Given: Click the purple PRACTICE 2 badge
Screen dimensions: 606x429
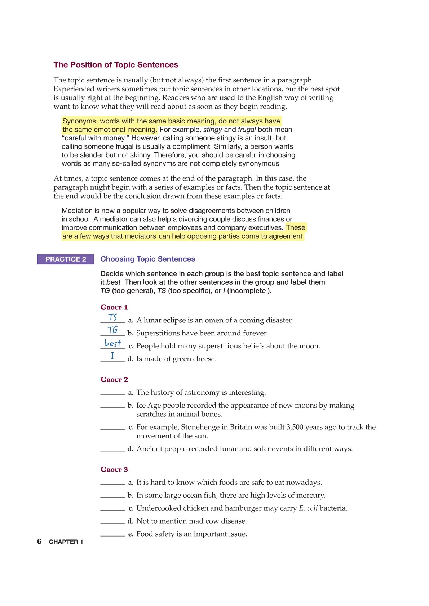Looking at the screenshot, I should [66, 259].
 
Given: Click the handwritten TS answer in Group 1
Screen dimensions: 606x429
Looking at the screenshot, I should [113, 317].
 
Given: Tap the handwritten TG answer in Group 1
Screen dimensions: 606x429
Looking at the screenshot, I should [112, 330].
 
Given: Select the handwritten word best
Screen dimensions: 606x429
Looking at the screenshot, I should [113, 343].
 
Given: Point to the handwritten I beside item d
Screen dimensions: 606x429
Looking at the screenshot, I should [112, 356].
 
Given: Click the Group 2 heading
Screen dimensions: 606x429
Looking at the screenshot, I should [114, 380].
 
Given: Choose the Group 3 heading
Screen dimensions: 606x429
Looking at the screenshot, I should [114, 470].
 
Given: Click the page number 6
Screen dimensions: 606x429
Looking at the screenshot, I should [39, 542].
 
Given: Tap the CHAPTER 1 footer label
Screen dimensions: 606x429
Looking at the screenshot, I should [66, 542].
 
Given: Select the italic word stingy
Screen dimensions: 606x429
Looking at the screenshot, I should [212, 130].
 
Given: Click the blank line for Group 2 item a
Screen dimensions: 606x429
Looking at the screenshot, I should [112, 394].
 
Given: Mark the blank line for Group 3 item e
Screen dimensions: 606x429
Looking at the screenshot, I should [112, 536].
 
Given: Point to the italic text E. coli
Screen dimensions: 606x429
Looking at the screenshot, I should [308, 508].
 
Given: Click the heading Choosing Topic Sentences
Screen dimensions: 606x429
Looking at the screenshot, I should [147, 259].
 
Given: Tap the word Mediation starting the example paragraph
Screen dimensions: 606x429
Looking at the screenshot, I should [77, 211].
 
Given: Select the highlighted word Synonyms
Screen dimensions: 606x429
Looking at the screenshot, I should [79, 121].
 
